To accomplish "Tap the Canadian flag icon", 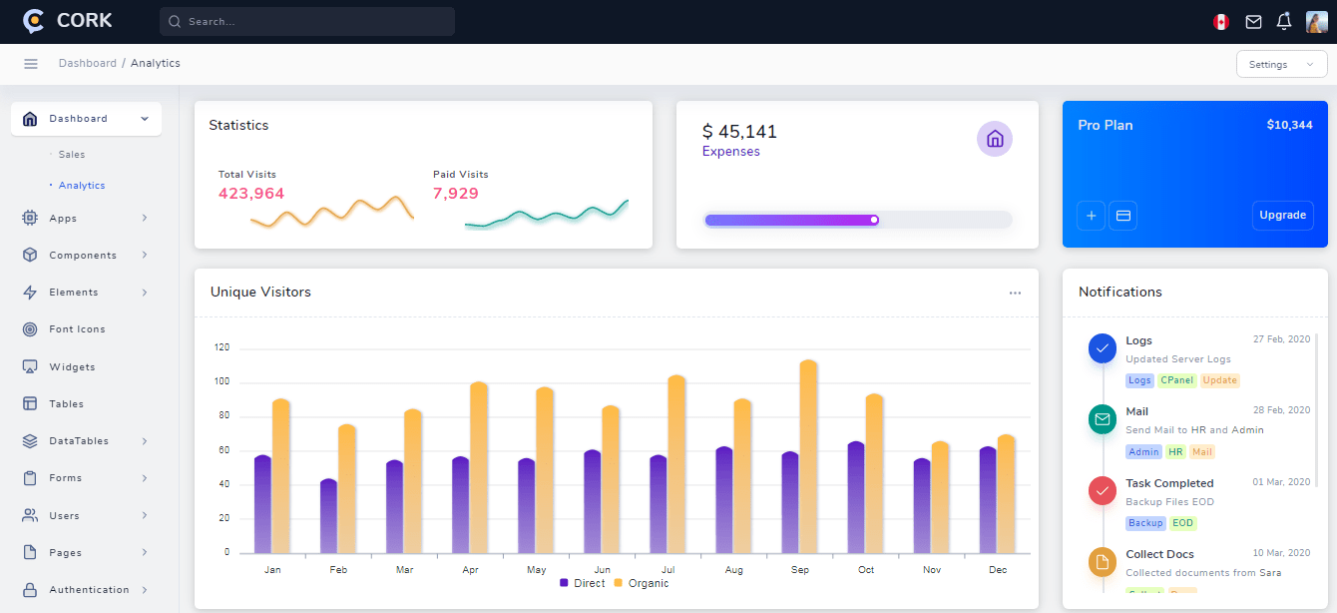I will [1220, 22].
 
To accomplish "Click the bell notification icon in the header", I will [1284, 21].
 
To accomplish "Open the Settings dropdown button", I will [1280, 64].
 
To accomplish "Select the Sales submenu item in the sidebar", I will [72, 155].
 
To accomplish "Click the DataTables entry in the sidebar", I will [79, 441].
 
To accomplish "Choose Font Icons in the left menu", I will [77, 329].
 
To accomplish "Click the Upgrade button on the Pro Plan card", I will [1282, 215].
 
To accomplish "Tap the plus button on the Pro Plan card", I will [1091, 215].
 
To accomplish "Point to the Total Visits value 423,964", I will [251, 194].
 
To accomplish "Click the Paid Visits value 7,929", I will [456, 194].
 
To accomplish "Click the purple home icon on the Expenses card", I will [994, 139].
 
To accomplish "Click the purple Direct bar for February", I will [328, 516].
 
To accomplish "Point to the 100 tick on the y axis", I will [221, 381].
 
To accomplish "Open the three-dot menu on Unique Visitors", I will [1015, 293].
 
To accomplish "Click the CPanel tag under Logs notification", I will [1177, 380].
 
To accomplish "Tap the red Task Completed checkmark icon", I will [1103, 490].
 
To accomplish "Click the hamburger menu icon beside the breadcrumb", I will [31, 64].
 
